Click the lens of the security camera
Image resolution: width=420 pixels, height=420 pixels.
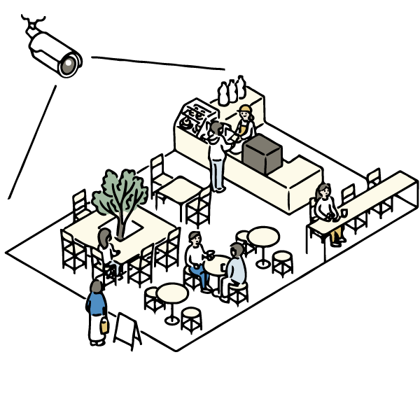[x=69, y=66]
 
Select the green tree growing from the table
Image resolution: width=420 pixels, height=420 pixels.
[x=120, y=191]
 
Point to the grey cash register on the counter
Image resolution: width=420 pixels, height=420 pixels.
[x=262, y=154]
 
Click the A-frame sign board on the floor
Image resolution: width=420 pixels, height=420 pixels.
[x=127, y=330]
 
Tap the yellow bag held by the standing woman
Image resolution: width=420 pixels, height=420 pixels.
[x=104, y=325]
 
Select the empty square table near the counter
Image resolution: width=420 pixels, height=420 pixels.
[x=178, y=188]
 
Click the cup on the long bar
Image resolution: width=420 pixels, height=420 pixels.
[x=344, y=212]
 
